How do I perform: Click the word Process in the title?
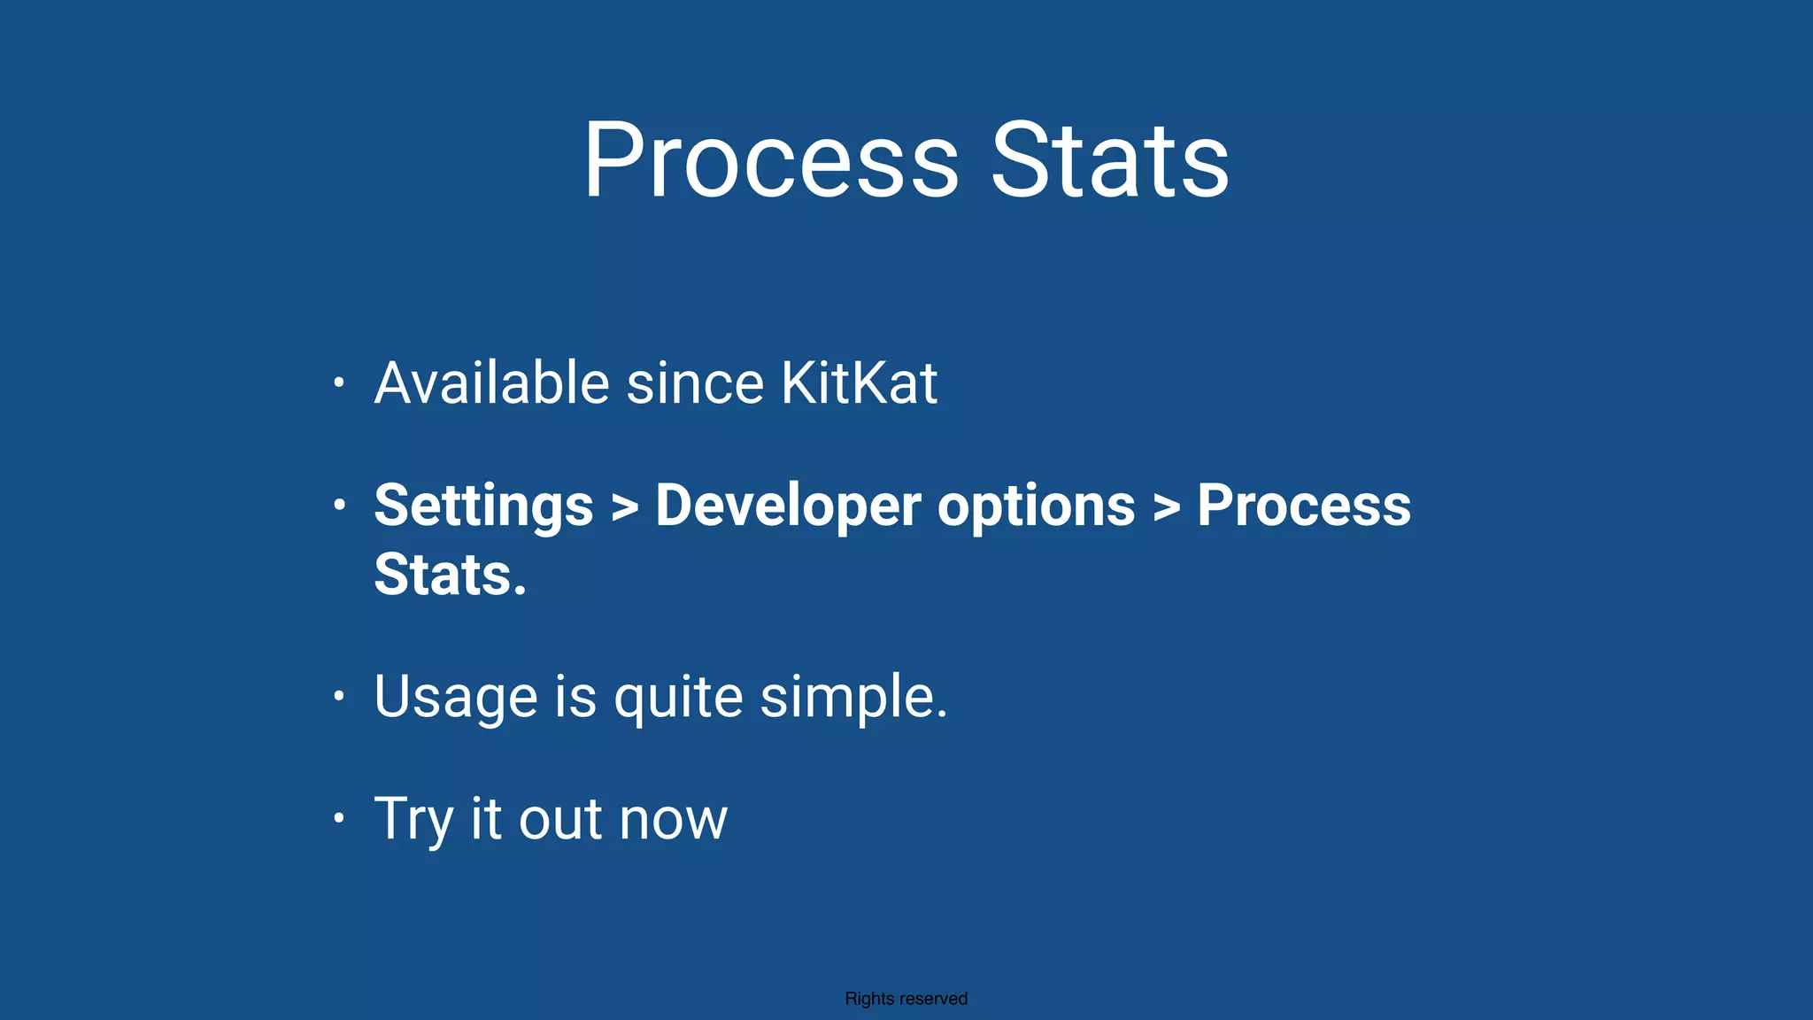pyautogui.click(x=770, y=161)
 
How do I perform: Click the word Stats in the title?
pyautogui.click(x=1109, y=161)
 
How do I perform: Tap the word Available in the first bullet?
pyautogui.click(x=491, y=383)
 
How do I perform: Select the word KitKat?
pyautogui.click(x=858, y=383)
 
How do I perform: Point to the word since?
pyautogui.click(x=695, y=383)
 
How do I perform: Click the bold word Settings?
pyautogui.click(x=483, y=506)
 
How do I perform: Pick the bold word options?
pyautogui.click(x=1036, y=506)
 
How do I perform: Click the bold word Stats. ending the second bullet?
pyautogui.click(x=450, y=576)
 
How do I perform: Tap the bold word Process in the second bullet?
pyautogui.click(x=1303, y=506)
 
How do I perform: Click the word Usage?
pyautogui.click(x=456, y=697)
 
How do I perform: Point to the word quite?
pyautogui.click(x=678, y=697)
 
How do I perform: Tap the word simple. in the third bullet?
pyautogui.click(x=853, y=697)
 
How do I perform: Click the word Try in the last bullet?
pyautogui.click(x=413, y=819)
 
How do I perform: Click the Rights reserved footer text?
pyautogui.click(x=906, y=999)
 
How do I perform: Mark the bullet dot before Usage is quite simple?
pyautogui.click(x=338, y=696)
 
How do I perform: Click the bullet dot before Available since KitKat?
pyautogui.click(x=338, y=383)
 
